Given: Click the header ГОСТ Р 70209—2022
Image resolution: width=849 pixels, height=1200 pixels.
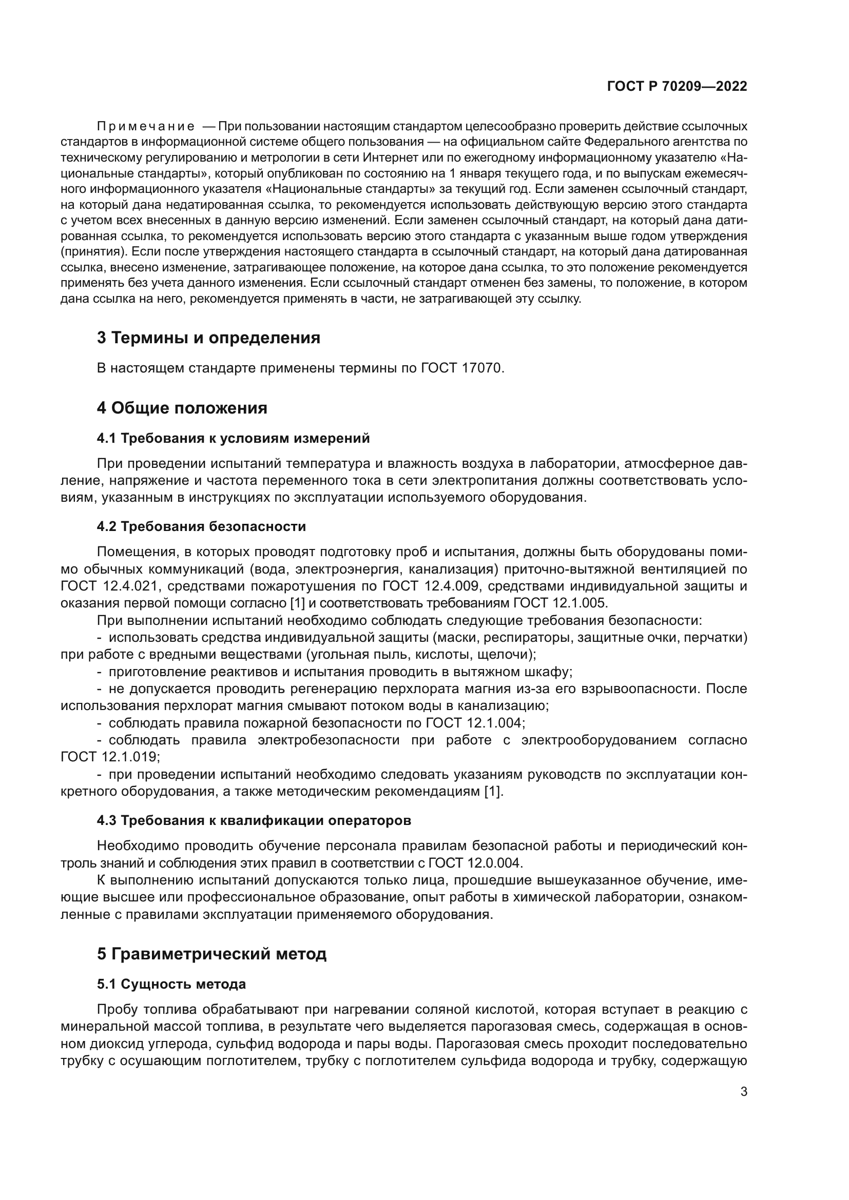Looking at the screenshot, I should click(x=677, y=86).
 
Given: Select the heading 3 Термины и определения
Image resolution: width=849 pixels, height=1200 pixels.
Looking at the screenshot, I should click(x=208, y=338).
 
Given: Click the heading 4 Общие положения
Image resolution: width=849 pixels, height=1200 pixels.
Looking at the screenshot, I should click(x=182, y=408).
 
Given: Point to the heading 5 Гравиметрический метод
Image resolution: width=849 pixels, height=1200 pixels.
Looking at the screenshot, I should click(x=211, y=954).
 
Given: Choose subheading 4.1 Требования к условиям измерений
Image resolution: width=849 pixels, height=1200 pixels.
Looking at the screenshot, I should click(x=233, y=438).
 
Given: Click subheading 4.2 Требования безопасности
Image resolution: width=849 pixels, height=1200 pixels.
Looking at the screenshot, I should click(x=201, y=526).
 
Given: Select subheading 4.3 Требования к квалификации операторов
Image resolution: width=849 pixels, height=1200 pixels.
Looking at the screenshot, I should click(x=254, y=820).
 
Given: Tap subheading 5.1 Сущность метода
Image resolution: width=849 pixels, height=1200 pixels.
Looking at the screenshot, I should click(x=171, y=984).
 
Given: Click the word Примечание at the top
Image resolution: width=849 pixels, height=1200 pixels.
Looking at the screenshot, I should click(x=146, y=127).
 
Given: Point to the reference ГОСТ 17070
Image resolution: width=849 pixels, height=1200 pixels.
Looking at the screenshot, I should click(x=462, y=368).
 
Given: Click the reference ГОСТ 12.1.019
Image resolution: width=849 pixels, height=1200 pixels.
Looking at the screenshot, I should click(x=109, y=757).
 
